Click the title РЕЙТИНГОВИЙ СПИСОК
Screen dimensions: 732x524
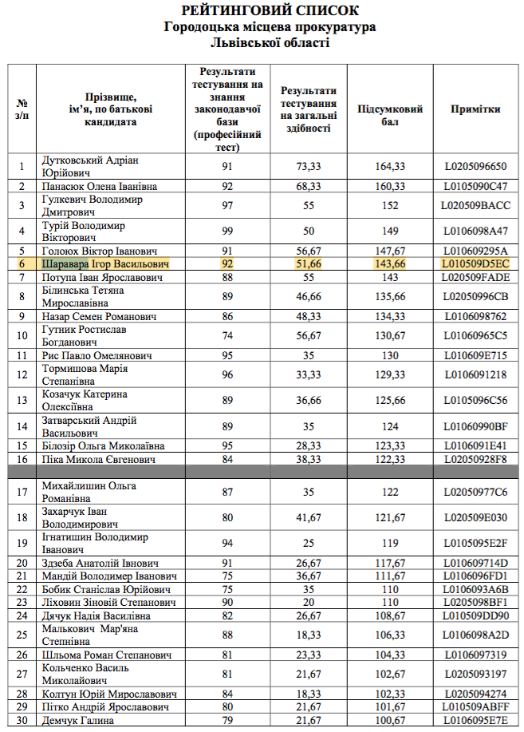pos(270,11)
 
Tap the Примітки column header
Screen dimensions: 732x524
pos(475,109)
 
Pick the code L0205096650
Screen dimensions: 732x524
pos(475,166)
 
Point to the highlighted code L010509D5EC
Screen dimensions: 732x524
pos(475,263)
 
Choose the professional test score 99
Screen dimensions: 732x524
pos(227,231)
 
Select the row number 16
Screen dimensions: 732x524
pos(22,459)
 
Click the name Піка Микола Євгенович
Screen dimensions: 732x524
pos(98,459)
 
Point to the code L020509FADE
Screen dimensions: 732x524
pos(475,277)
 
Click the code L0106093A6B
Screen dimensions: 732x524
pos(475,589)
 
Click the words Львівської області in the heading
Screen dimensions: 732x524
pos(270,41)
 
